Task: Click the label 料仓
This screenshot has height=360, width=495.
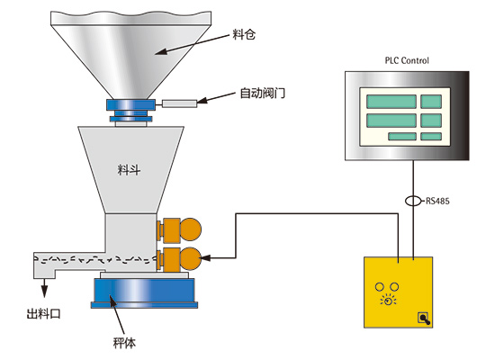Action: (244, 34)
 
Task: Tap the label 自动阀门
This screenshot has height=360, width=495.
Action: (262, 94)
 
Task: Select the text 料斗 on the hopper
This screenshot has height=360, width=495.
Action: (129, 170)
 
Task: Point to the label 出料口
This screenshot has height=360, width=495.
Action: (43, 314)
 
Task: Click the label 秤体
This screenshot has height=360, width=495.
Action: (124, 343)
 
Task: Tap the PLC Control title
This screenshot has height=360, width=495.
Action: (407, 60)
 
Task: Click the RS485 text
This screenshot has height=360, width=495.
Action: (437, 201)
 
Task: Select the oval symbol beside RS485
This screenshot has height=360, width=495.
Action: (413, 201)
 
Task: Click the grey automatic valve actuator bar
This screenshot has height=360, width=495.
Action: (180, 103)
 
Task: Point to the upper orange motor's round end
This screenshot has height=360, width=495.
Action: (191, 229)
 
